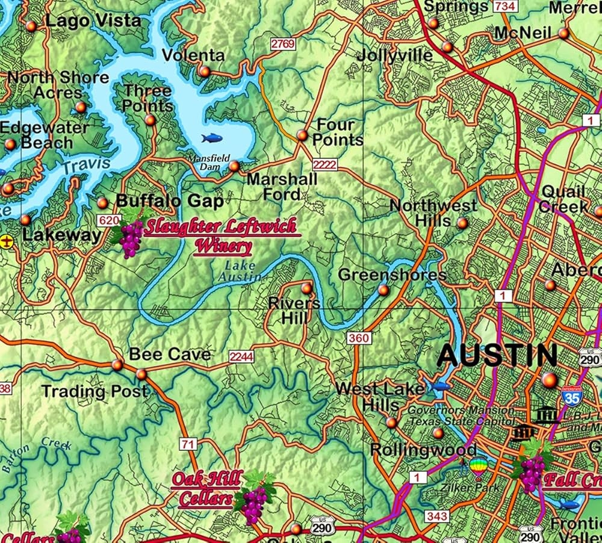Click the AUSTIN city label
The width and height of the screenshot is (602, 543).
(497, 356)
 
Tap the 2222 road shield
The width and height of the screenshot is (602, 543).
(324, 164)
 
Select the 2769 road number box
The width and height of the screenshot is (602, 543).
(282, 44)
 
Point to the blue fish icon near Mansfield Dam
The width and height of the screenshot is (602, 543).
(211, 138)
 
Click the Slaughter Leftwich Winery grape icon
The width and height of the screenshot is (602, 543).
(129, 237)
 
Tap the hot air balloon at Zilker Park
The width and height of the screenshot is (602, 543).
(478, 466)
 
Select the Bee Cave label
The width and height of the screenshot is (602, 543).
(170, 355)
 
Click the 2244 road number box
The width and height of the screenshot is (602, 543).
(241, 357)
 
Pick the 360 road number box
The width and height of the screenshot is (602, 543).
(358, 338)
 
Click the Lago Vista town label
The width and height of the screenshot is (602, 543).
(93, 21)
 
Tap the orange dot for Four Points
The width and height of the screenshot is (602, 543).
(302, 135)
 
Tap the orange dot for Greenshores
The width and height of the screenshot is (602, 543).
(383, 290)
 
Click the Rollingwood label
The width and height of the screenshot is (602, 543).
(423, 450)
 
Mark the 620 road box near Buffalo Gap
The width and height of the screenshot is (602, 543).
(109, 221)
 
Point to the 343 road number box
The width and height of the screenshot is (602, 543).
(436, 516)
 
